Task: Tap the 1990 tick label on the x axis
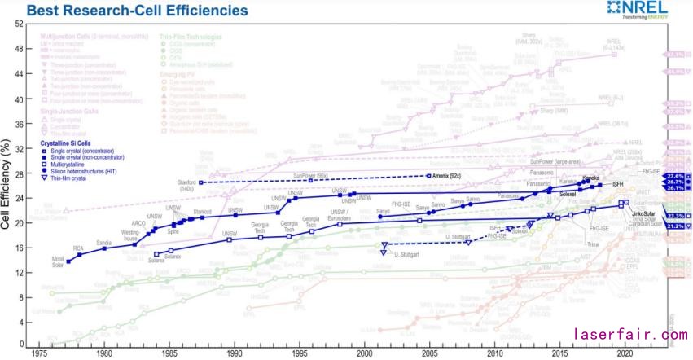(x=234, y=355)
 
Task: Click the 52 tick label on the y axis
(x=19, y=24)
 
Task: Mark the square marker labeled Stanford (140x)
(x=200, y=182)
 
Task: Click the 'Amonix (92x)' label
(x=446, y=176)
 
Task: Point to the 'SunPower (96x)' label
(x=310, y=174)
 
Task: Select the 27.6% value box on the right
(x=674, y=176)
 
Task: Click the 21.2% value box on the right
(x=674, y=226)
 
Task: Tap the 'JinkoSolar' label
(x=644, y=214)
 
